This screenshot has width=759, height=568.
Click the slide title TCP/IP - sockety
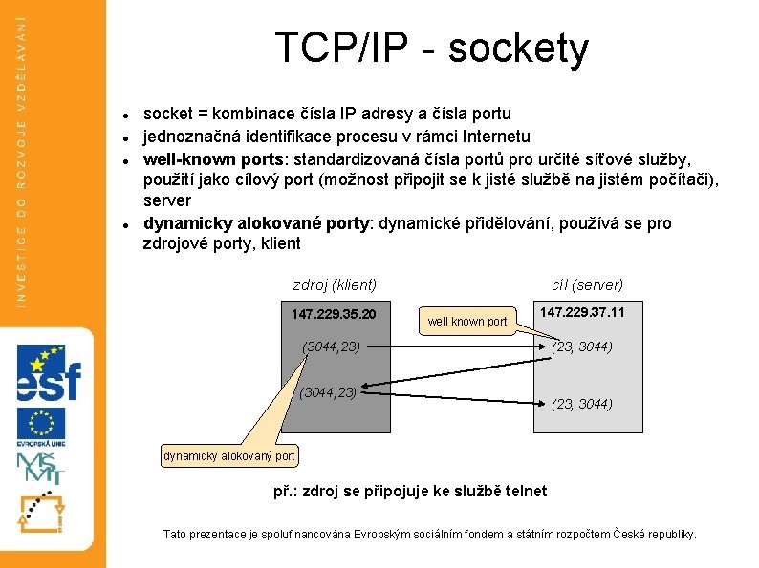(x=431, y=48)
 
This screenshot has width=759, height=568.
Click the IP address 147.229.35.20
(x=334, y=314)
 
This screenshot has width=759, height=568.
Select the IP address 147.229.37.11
(x=582, y=312)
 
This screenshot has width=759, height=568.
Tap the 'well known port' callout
(x=467, y=322)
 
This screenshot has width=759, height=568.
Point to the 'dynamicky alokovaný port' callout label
(x=229, y=456)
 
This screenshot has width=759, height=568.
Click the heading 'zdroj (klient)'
(x=335, y=284)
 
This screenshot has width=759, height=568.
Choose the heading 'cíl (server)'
(x=587, y=284)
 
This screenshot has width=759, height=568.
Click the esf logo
(x=47, y=373)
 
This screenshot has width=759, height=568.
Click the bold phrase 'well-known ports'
(x=204, y=158)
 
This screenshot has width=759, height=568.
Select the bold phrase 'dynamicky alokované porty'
(x=256, y=223)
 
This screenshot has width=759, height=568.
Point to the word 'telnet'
(x=523, y=491)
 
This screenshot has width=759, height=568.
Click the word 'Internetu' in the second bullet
(x=493, y=136)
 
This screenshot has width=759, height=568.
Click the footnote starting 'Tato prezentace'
(x=430, y=535)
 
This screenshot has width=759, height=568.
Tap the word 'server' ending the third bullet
(x=167, y=200)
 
